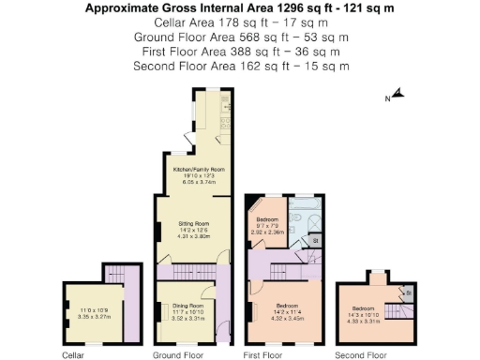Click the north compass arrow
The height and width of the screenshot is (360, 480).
click(x=397, y=94)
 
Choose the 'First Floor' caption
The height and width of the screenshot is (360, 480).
click(x=262, y=355)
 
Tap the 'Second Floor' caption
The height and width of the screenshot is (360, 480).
click(x=362, y=355)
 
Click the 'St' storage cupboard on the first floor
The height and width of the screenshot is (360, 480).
click(x=315, y=241)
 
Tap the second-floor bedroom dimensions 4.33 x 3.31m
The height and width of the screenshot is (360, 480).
click(x=366, y=322)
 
